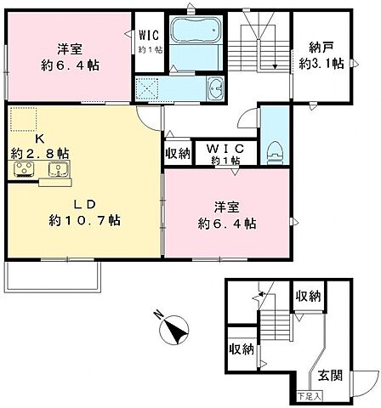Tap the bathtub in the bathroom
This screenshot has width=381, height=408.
pyautogui.click(x=196, y=31)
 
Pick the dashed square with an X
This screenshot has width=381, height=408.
pyautogui.click(x=148, y=88)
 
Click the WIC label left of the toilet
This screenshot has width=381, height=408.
pyautogui.click(x=224, y=148)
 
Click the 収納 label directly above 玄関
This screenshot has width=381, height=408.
pyautogui.click(x=308, y=296)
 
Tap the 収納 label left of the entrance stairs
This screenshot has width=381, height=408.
pyautogui.click(x=241, y=348)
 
